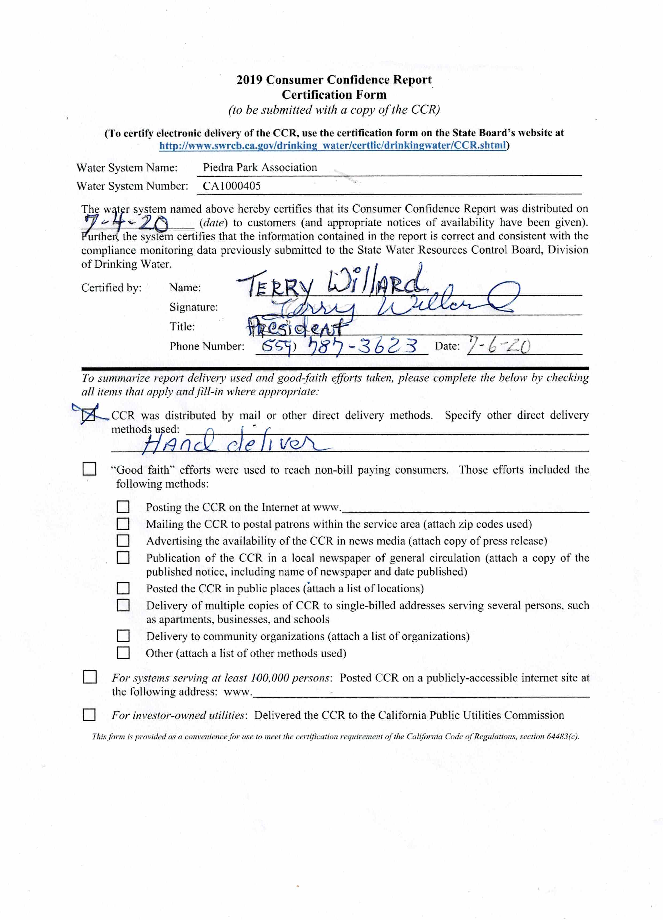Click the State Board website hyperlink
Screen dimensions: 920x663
pyautogui.click(x=333, y=146)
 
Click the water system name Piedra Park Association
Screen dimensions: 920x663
pyautogui.click(x=260, y=168)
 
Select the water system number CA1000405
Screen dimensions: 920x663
pyautogui.click(x=232, y=186)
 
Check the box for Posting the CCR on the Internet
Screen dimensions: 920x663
pyautogui.click(x=123, y=507)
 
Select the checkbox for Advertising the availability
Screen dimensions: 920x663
pyautogui.click(x=123, y=541)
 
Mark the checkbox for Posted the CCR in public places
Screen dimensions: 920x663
pyautogui.click(x=123, y=588)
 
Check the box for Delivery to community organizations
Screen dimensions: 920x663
pyautogui.click(x=123, y=636)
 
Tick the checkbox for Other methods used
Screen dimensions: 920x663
pyautogui.click(x=123, y=653)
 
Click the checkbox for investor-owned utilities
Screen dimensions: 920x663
pyautogui.click(x=89, y=715)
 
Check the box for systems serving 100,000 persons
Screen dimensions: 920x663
pyautogui.click(x=89, y=677)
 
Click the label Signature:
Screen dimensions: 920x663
pyautogui.click(x=194, y=307)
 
